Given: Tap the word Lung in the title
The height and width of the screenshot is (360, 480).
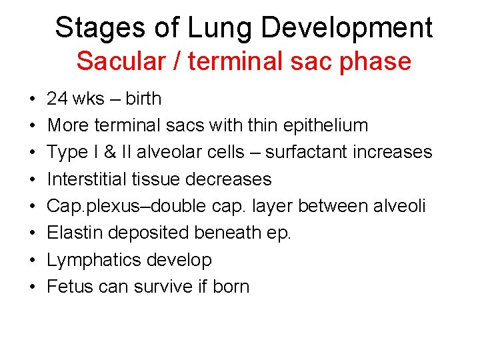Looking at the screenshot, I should [205, 28].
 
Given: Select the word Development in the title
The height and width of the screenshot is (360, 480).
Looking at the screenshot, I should [347, 28].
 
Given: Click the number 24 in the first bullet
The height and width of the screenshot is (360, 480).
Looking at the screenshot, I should [57, 99].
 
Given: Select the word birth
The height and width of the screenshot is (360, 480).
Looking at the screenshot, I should [143, 99].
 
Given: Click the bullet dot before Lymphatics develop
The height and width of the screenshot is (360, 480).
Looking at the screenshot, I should [33, 260].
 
